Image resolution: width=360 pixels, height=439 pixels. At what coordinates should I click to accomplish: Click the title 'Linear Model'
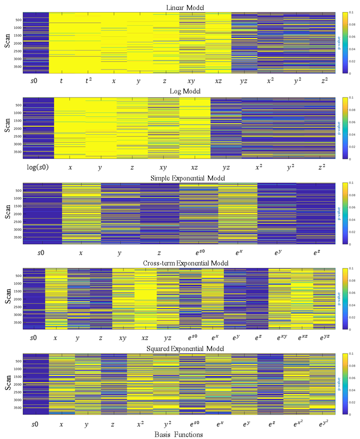point(182,6)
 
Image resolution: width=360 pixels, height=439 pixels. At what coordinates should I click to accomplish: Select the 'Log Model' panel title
point(182,92)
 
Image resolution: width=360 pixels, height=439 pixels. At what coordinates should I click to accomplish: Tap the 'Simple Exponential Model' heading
point(182,178)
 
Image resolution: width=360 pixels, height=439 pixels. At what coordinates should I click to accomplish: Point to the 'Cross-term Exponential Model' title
point(182,263)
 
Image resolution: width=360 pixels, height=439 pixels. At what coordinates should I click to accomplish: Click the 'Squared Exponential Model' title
point(182,348)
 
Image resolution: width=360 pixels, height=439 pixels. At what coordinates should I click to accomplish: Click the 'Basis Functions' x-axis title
point(178,434)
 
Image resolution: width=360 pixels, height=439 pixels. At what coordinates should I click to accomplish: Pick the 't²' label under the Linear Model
point(88,80)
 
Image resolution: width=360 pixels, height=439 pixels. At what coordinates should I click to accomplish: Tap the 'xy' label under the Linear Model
point(192,80)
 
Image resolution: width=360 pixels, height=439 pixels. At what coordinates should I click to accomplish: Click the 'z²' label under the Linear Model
point(322,80)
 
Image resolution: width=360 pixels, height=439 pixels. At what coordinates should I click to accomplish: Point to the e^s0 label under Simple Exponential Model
point(198,252)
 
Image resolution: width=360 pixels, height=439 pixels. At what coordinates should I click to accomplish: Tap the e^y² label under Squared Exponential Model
point(322,423)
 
